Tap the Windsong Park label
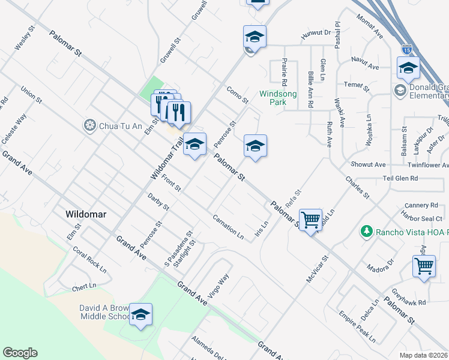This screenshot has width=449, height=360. [x=276, y=98]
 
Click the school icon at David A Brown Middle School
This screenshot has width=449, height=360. [x=140, y=314]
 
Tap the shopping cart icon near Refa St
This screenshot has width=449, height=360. [x=310, y=220]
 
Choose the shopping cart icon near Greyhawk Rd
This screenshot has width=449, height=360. [x=424, y=265]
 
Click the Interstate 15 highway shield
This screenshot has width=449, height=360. [x=408, y=46]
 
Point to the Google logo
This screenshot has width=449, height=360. [x=20, y=353]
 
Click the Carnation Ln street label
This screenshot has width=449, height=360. [x=228, y=227]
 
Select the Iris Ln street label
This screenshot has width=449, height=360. [x=261, y=229]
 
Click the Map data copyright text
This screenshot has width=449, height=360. [x=423, y=355]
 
